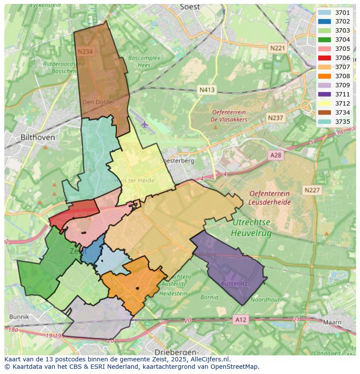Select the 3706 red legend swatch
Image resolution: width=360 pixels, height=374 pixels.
pos(324,58)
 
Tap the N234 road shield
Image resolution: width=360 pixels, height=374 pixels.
pos(85,51)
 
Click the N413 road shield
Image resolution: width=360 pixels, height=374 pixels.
pos(207,90)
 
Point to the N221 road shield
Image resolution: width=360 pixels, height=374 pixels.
pos(277,48)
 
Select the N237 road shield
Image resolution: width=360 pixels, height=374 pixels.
pos(276,118)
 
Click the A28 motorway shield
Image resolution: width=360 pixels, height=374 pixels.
pos(276,155)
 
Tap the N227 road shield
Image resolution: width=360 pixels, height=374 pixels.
pos(312,190)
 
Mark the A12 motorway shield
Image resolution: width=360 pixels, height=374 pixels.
pos(240,320)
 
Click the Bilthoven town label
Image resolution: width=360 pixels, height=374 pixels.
pos(38,137)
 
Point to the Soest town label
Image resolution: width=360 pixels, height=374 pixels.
pos(190,7)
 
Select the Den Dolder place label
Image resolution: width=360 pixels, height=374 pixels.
pos(98,102)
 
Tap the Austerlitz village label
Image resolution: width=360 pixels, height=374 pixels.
pos(234,284)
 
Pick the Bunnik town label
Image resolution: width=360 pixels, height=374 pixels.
pos(19,317)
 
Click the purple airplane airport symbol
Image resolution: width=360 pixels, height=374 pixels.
pos(144,125)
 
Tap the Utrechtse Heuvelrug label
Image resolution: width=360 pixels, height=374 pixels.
pos(251,228)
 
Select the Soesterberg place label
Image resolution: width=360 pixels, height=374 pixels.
pos(177,161)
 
